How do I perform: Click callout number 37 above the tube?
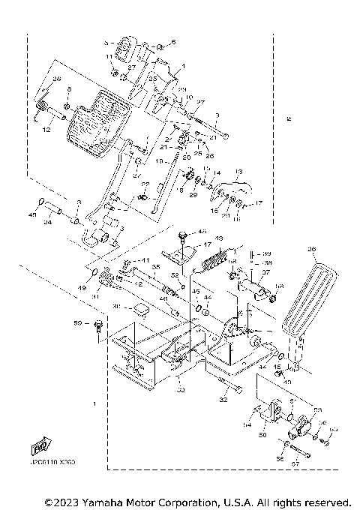click(265, 273)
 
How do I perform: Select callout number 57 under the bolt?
click(295, 465)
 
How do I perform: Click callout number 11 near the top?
click(109, 56)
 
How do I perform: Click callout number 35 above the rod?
click(156, 266)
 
